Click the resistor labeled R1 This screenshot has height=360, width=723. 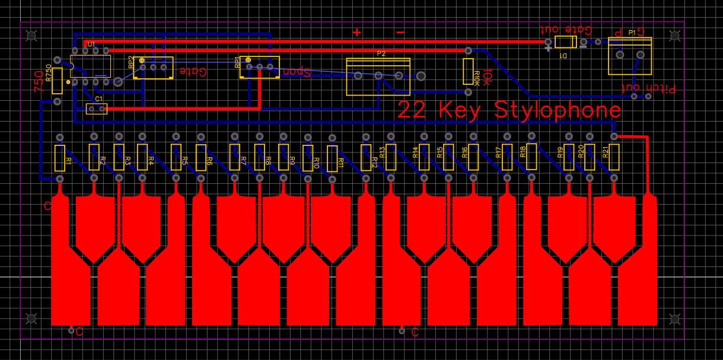pyautogui.click(x=59, y=157)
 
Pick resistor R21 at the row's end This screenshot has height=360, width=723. pyautogui.click(x=614, y=157)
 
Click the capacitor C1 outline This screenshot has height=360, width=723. pyautogui.click(x=96, y=109)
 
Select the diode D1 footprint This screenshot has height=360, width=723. pyautogui.click(x=565, y=42)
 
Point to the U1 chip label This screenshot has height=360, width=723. pyautogui.click(x=91, y=44)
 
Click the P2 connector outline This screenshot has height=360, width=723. pyautogui.click(x=378, y=77)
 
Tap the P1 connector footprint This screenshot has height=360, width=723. pyautogui.click(x=629, y=56)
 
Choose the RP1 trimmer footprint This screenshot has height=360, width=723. pyautogui.click(x=259, y=66)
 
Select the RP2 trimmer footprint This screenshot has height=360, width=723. pyautogui.click(x=153, y=68)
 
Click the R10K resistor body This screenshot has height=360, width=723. pyautogui.click(x=468, y=72)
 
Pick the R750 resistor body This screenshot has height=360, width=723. pyautogui.click(x=58, y=80)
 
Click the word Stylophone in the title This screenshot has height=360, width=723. pyautogui.click(x=558, y=110)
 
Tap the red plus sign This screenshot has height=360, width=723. pyautogui.click(x=356, y=33)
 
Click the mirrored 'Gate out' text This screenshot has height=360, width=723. pyautogui.click(x=566, y=29)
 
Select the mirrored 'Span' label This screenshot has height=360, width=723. pyautogui.click(x=297, y=71)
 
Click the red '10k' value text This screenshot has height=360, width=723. pyautogui.click(x=486, y=78)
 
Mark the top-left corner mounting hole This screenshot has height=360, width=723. pyautogui.click(x=31, y=36)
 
